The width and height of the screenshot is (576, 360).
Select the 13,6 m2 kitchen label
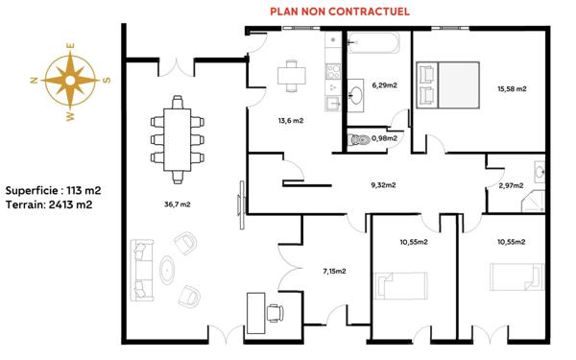tap(290, 120)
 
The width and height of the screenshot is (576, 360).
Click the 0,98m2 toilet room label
tap(384, 138)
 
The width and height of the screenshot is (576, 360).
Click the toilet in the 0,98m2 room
tap(361, 140)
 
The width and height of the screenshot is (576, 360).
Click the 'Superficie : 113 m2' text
tap(53, 190)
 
